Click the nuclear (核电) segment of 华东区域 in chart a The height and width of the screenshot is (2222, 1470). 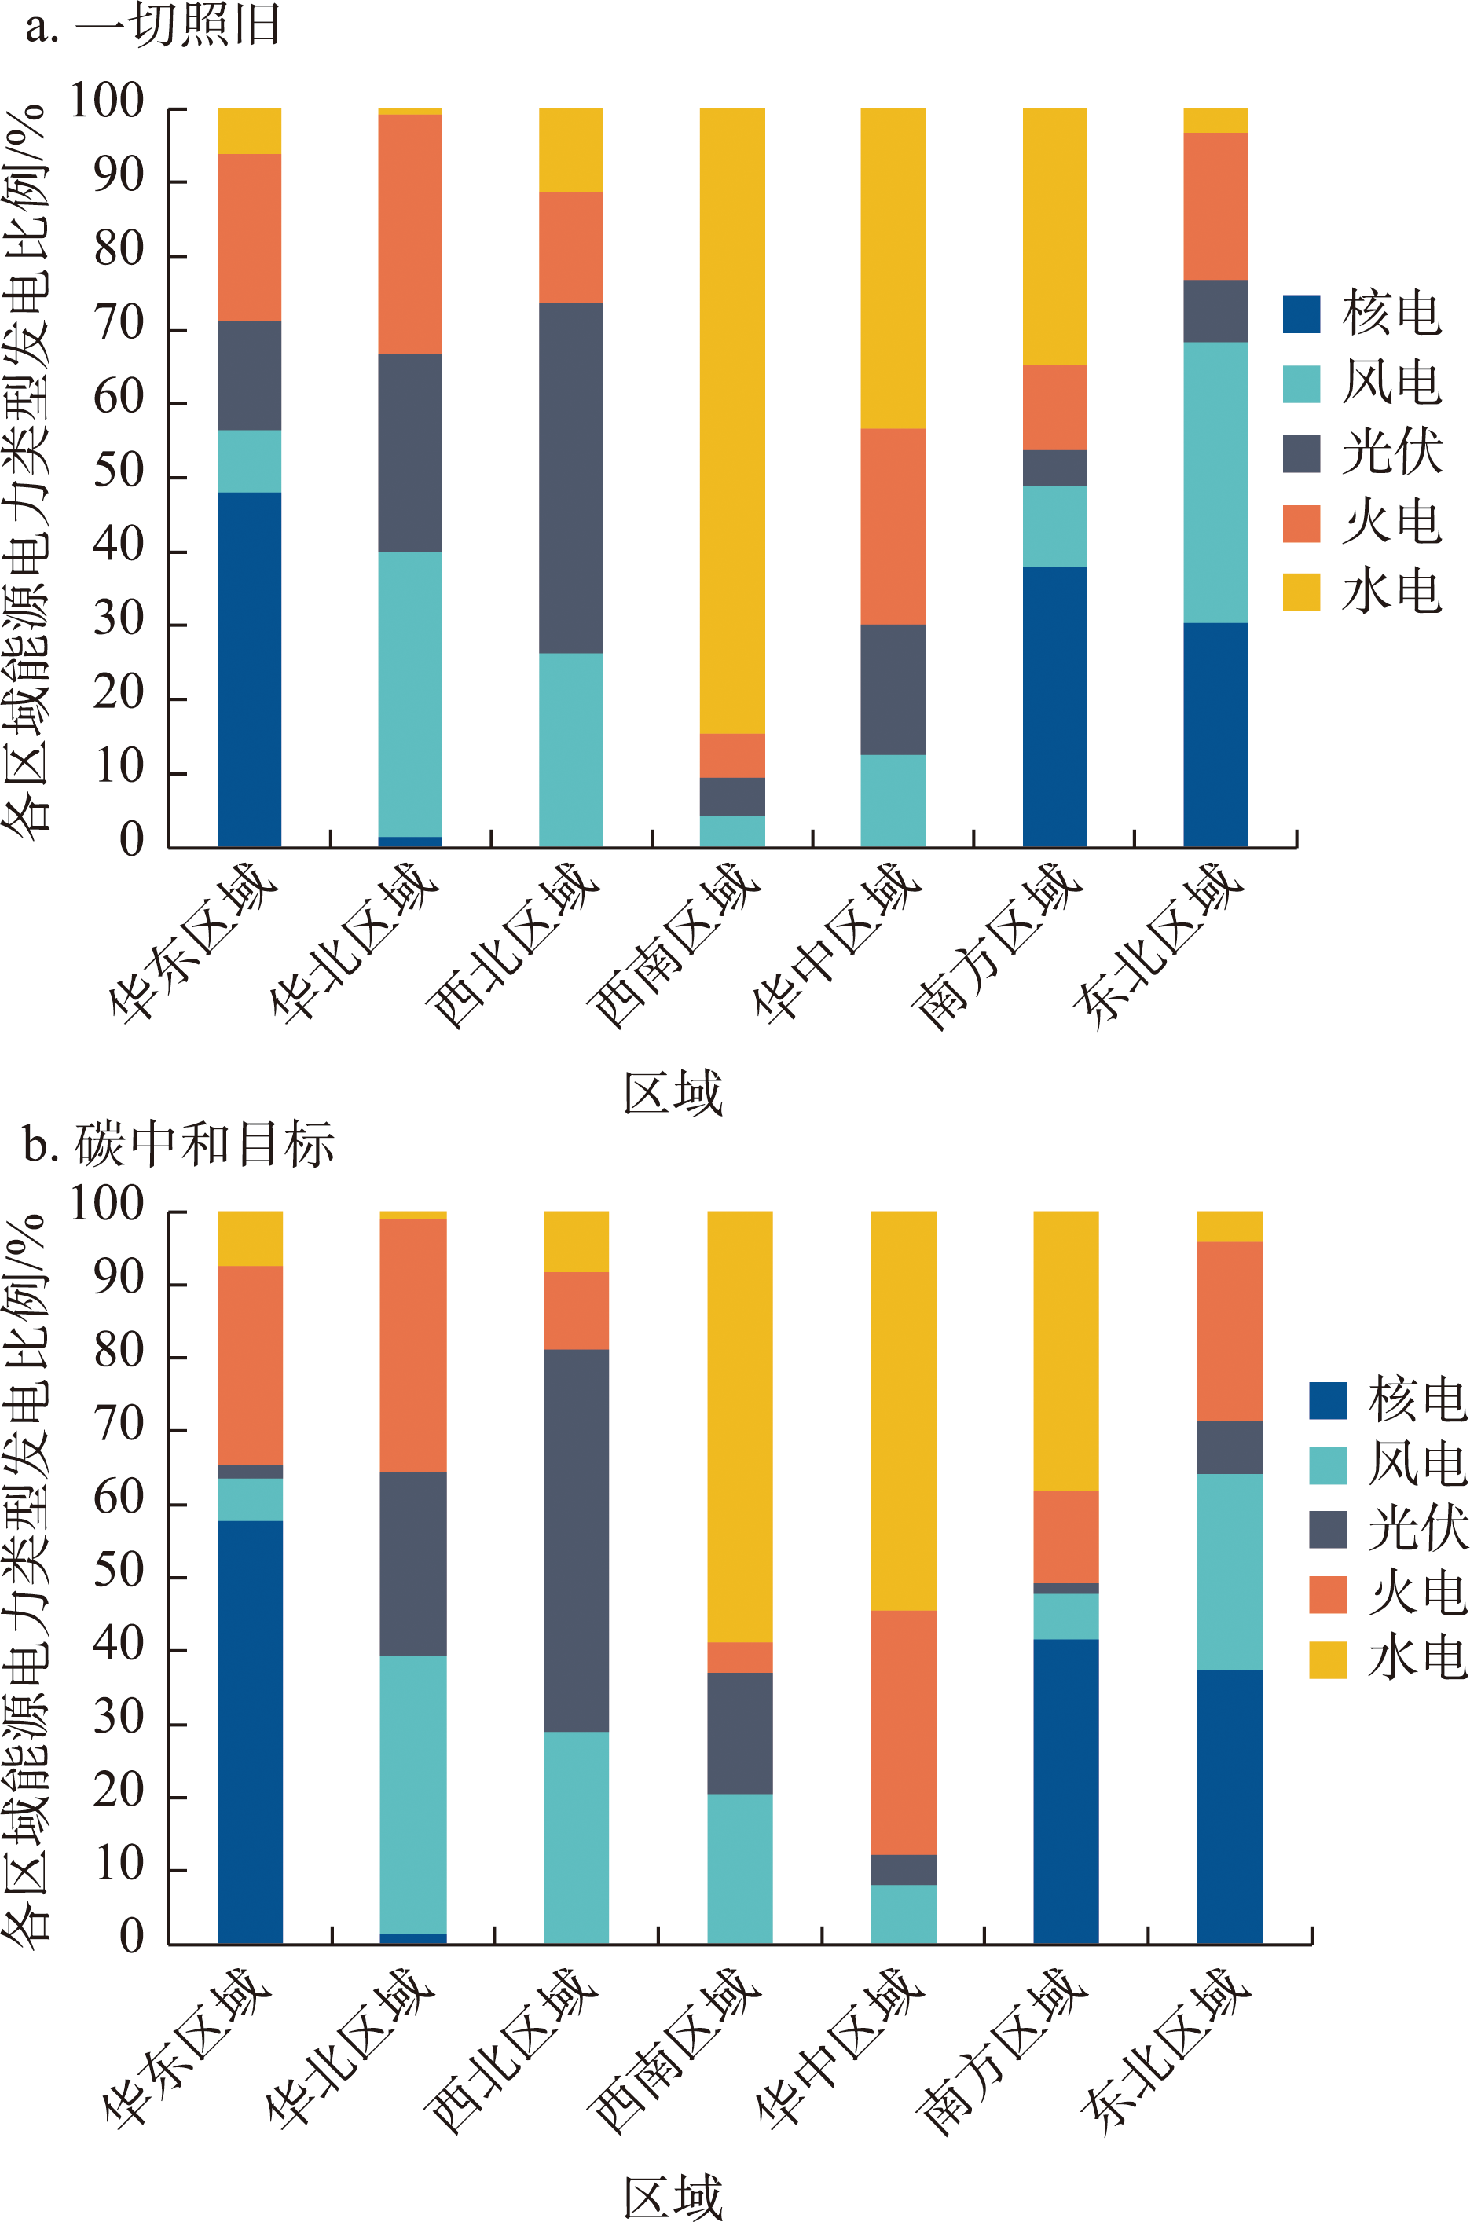249,669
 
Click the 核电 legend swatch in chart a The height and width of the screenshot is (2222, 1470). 1301,314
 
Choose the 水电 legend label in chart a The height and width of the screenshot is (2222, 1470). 1391,592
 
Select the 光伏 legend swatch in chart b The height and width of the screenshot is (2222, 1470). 1328,1529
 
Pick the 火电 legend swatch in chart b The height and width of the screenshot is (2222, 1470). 1328,1595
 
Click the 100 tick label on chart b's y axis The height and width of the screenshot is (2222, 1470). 107,1204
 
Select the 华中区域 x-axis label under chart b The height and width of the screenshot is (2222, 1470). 839,2049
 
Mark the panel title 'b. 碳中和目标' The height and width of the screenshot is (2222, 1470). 178,1145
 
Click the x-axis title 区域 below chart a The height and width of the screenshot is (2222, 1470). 673,1093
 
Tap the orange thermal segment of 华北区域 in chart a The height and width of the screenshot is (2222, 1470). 409,233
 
